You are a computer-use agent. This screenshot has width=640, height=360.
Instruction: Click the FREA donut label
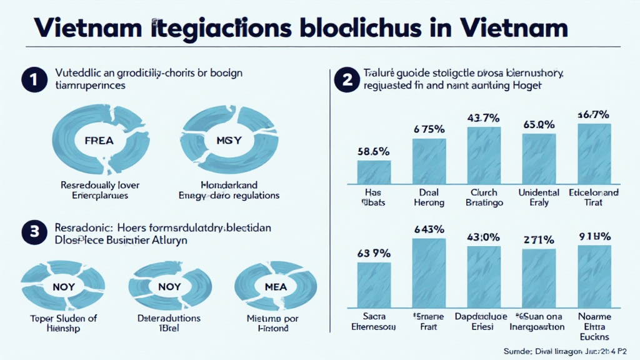(x=98, y=141)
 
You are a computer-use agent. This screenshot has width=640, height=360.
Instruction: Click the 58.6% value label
(x=373, y=151)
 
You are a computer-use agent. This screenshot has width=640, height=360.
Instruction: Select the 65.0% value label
(x=539, y=124)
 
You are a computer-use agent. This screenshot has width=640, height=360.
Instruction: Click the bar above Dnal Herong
(x=429, y=161)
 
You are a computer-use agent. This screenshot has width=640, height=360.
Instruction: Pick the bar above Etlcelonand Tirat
(x=594, y=154)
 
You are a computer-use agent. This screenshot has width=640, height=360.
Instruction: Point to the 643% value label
(x=429, y=228)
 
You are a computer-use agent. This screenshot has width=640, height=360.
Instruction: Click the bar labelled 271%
(x=539, y=274)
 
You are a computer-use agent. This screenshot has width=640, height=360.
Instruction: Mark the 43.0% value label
(x=483, y=238)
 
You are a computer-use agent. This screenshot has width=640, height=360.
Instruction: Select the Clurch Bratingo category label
(x=483, y=197)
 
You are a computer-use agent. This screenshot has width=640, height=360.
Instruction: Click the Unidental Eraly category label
(x=539, y=197)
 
